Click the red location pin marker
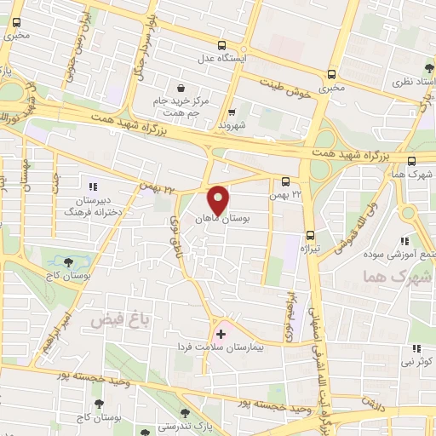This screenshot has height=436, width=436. [x=220, y=200]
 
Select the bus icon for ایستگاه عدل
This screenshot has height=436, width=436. [x=222, y=45]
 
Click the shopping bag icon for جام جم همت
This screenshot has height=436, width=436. [x=181, y=88]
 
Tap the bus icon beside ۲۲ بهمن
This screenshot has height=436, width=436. [x=286, y=181]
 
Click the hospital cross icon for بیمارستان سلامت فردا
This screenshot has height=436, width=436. [x=221, y=333]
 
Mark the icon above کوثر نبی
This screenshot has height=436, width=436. [x=416, y=348]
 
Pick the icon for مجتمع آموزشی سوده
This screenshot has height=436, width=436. [x=415, y=242]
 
